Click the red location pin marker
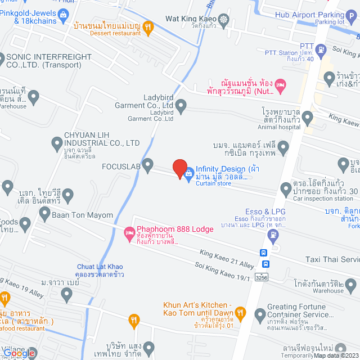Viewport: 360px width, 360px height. (x=180, y=169)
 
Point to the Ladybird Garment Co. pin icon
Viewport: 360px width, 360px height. (x=181, y=105)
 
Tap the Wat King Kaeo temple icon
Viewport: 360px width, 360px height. (x=224, y=19)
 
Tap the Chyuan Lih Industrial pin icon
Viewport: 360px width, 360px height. (x=57, y=144)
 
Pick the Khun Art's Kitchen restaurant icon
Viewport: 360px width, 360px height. (x=240, y=312)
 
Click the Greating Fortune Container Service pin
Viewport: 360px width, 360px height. (x=259, y=314)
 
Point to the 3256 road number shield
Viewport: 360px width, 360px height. (x=261, y=277)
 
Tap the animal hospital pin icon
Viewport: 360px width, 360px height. (x=307, y=118)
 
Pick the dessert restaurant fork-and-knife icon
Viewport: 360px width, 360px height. (x=148, y=26)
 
